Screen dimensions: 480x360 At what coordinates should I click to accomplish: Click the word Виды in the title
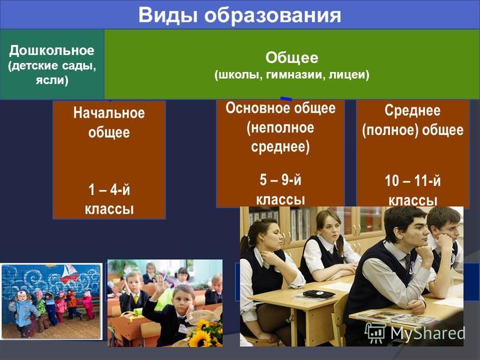tap(168, 15)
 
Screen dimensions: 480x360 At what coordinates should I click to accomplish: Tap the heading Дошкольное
tap(52, 50)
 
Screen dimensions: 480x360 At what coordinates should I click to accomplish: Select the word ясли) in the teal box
tap(52, 80)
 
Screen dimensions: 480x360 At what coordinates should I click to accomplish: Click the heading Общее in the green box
tap(292, 58)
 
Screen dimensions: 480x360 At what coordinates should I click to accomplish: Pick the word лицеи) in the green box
tap(349, 74)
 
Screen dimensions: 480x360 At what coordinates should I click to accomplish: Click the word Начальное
tap(109, 113)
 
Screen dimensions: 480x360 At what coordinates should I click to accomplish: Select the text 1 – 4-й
tap(109, 190)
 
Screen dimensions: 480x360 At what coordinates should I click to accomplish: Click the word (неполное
tap(280, 128)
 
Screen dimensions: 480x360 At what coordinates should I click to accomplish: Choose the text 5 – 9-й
tap(280, 179)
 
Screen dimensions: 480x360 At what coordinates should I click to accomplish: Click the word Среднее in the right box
tap(412, 110)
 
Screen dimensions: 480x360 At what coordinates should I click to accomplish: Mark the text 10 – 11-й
tap(413, 181)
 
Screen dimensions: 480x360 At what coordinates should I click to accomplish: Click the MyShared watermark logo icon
tap(376, 333)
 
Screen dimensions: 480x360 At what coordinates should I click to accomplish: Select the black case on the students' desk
tap(319, 294)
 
